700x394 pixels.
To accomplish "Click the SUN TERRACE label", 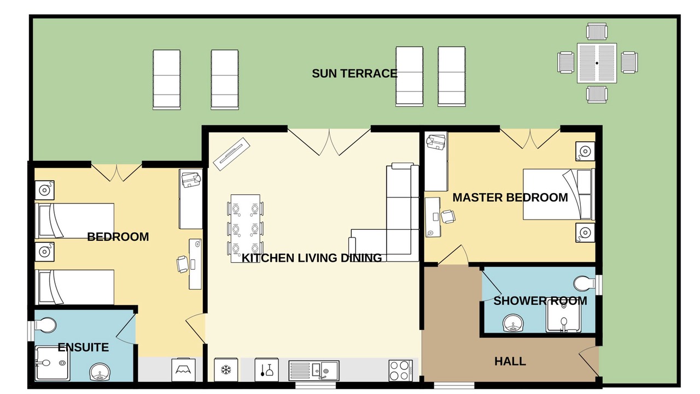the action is click(354, 73).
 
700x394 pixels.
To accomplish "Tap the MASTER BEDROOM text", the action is click(510, 198).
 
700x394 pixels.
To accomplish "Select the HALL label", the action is click(510, 362).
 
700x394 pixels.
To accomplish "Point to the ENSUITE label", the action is click(83, 347).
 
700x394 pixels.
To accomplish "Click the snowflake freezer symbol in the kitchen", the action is click(226, 370).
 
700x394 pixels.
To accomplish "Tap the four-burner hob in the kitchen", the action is click(401, 370).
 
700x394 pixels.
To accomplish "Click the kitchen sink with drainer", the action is click(314, 371).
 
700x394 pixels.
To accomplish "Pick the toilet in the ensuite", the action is click(45, 325).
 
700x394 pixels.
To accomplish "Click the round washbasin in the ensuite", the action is click(100, 372).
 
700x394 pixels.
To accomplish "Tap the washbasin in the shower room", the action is click(513, 323).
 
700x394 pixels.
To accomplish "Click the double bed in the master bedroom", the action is click(559, 194).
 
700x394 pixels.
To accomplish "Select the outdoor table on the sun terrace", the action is click(597, 63).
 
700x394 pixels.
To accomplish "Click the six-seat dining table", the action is click(246, 229).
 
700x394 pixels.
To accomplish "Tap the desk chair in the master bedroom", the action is click(448, 216).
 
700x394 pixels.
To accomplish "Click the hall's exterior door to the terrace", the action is click(590, 362).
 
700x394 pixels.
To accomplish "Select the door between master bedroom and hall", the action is click(453, 255).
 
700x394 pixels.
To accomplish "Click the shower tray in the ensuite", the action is click(52, 363).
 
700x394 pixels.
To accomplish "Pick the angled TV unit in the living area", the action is click(231, 154).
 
